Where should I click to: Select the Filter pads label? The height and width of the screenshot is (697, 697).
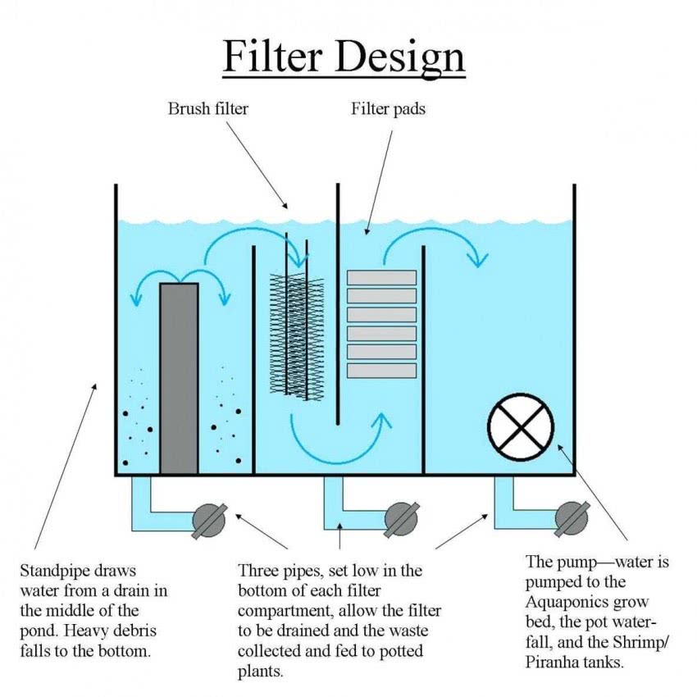click(x=389, y=108)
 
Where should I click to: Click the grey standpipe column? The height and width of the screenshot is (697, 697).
click(x=179, y=377)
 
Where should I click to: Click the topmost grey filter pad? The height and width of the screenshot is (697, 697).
click(x=381, y=277)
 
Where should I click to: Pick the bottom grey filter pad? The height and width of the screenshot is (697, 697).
click(x=381, y=371)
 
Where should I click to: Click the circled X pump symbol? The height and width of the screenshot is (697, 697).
click(x=521, y=426)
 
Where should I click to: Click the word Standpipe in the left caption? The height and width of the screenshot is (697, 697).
click(x=53, y=570)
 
